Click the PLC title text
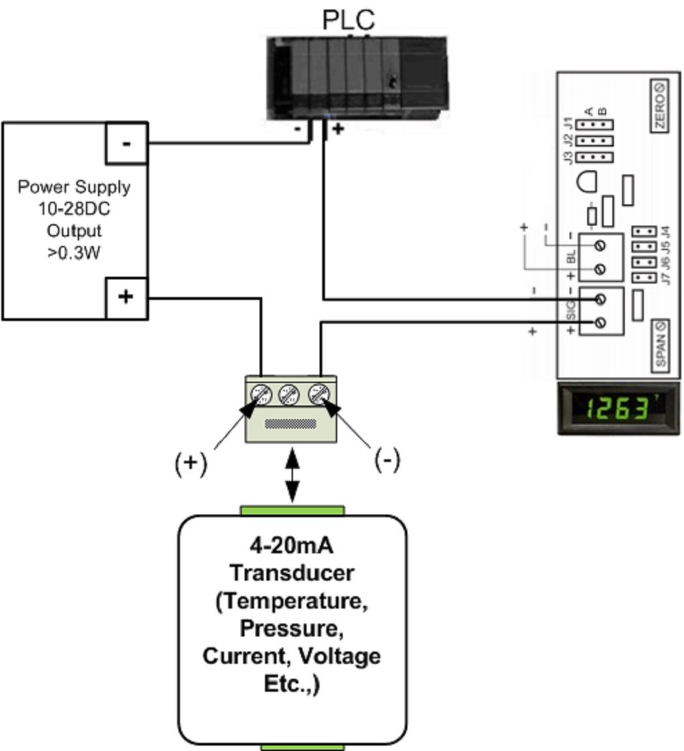pos(348,20)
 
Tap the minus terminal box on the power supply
pos(126,143)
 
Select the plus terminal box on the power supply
pos(126,298)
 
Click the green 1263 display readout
pos(618,410)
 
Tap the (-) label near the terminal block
pos(387,461)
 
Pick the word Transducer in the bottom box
pos(292,572)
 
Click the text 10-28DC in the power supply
pos(74,209)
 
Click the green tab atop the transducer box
pos(292,510)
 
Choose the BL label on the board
pos(571,257)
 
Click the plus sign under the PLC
pos(337,128)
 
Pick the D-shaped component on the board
pos(585,182)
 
